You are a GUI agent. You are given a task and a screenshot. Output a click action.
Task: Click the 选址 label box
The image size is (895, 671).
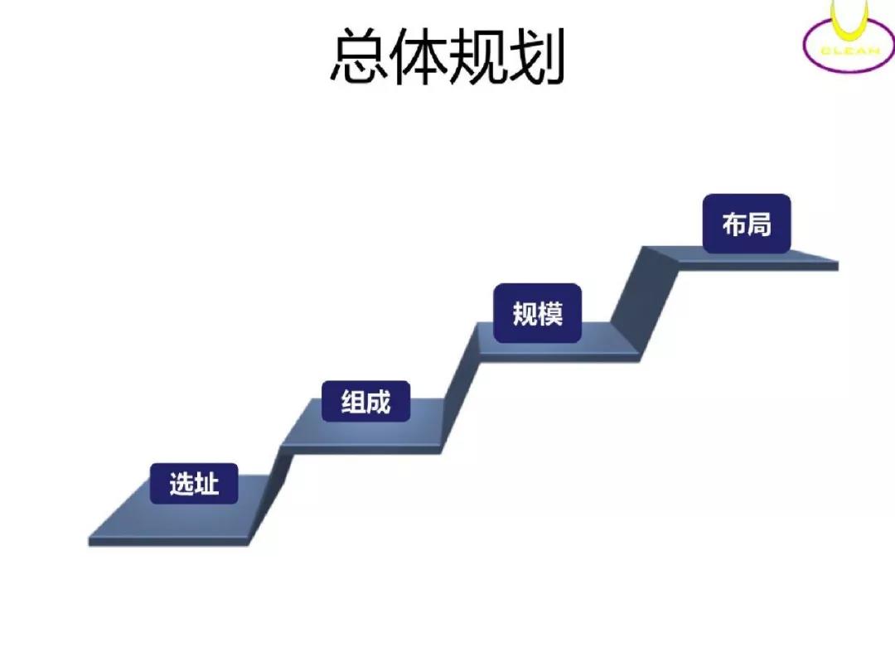pos(193,483)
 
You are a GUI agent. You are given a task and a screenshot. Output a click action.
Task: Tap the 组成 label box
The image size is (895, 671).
pos(366,401)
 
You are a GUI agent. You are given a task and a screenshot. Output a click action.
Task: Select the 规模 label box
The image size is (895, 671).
pos(537,313)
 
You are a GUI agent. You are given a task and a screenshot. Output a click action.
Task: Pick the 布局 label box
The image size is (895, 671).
pos(747,224)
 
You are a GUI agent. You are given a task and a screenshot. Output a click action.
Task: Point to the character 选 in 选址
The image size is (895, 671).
pos(181,484)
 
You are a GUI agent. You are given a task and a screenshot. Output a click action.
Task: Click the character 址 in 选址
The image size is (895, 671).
pos(206,484)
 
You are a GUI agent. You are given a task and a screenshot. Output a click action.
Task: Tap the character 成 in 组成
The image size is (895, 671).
pos(379,402)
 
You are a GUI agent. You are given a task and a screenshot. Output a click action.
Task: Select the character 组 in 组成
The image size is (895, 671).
pos(353,402)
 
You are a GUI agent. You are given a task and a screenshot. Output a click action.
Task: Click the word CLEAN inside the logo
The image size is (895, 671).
pos(850,51)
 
